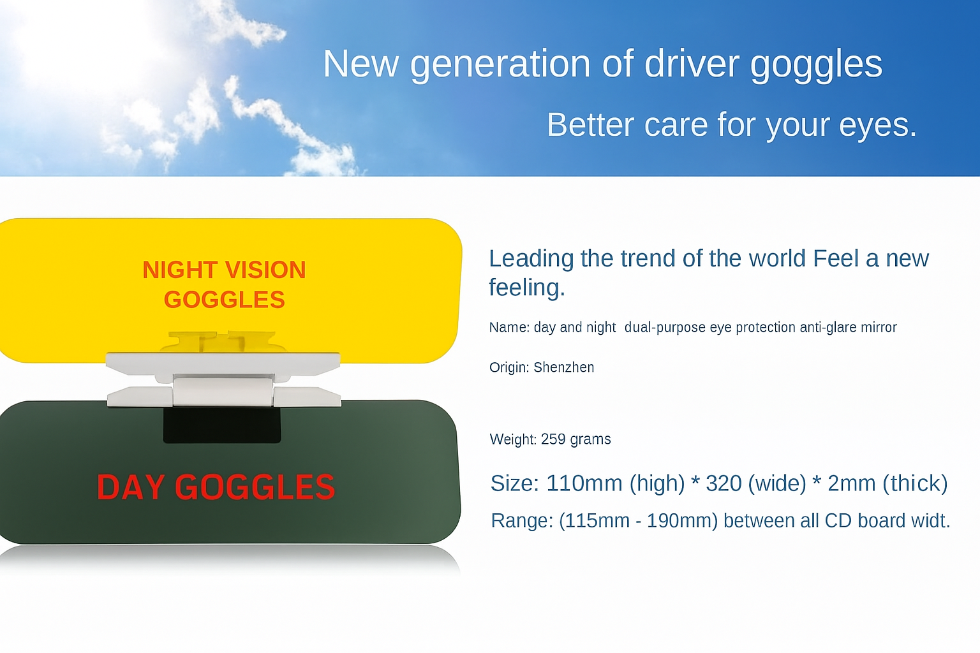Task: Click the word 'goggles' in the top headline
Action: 816,66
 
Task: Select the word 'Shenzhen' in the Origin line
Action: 564,367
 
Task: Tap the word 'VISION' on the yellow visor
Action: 265,270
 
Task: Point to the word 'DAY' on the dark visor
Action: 130,487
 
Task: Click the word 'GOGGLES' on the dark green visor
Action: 255,487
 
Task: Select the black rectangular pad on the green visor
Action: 222,425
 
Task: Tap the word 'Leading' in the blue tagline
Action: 531,258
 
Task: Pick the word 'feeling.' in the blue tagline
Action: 527,288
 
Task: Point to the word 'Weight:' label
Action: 513,439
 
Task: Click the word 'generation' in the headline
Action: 500,66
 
